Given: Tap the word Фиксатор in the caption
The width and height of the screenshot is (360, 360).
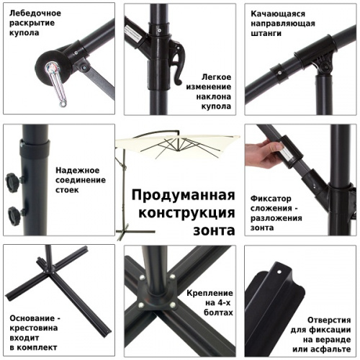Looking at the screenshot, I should point(272,197).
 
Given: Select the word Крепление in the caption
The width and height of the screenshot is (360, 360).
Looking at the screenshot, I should point(209,293).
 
